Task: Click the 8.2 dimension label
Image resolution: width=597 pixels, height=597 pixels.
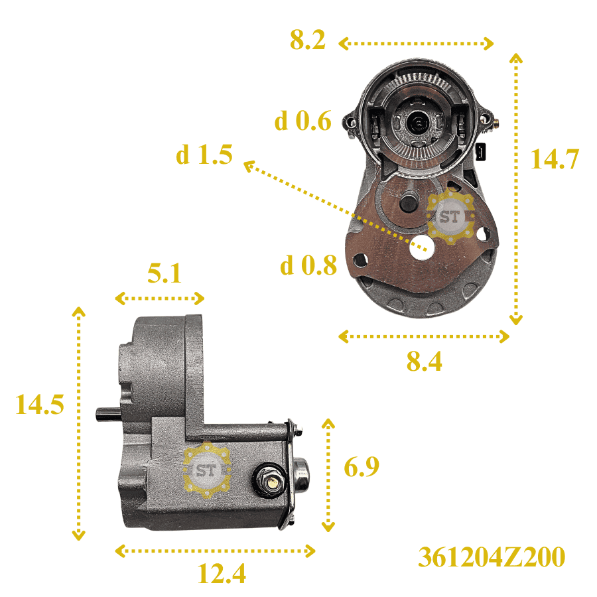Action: tap(308, 40)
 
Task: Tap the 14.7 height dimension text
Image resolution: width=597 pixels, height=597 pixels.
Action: tap(555, 159)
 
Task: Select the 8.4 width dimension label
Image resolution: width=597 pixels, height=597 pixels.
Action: tap(424, 362)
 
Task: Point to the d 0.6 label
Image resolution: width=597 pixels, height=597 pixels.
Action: tap(303, 121)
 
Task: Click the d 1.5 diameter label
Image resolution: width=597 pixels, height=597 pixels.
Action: tap(204, 155)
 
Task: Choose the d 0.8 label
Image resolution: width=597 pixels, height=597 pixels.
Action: tap(308, 265)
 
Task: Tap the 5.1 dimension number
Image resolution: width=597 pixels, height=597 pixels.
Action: tap(165, 273)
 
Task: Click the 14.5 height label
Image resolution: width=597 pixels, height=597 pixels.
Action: tap(40, 405)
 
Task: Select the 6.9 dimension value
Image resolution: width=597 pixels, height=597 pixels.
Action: tap(362, 467)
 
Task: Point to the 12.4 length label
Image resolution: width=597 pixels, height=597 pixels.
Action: tap(222, 573)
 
